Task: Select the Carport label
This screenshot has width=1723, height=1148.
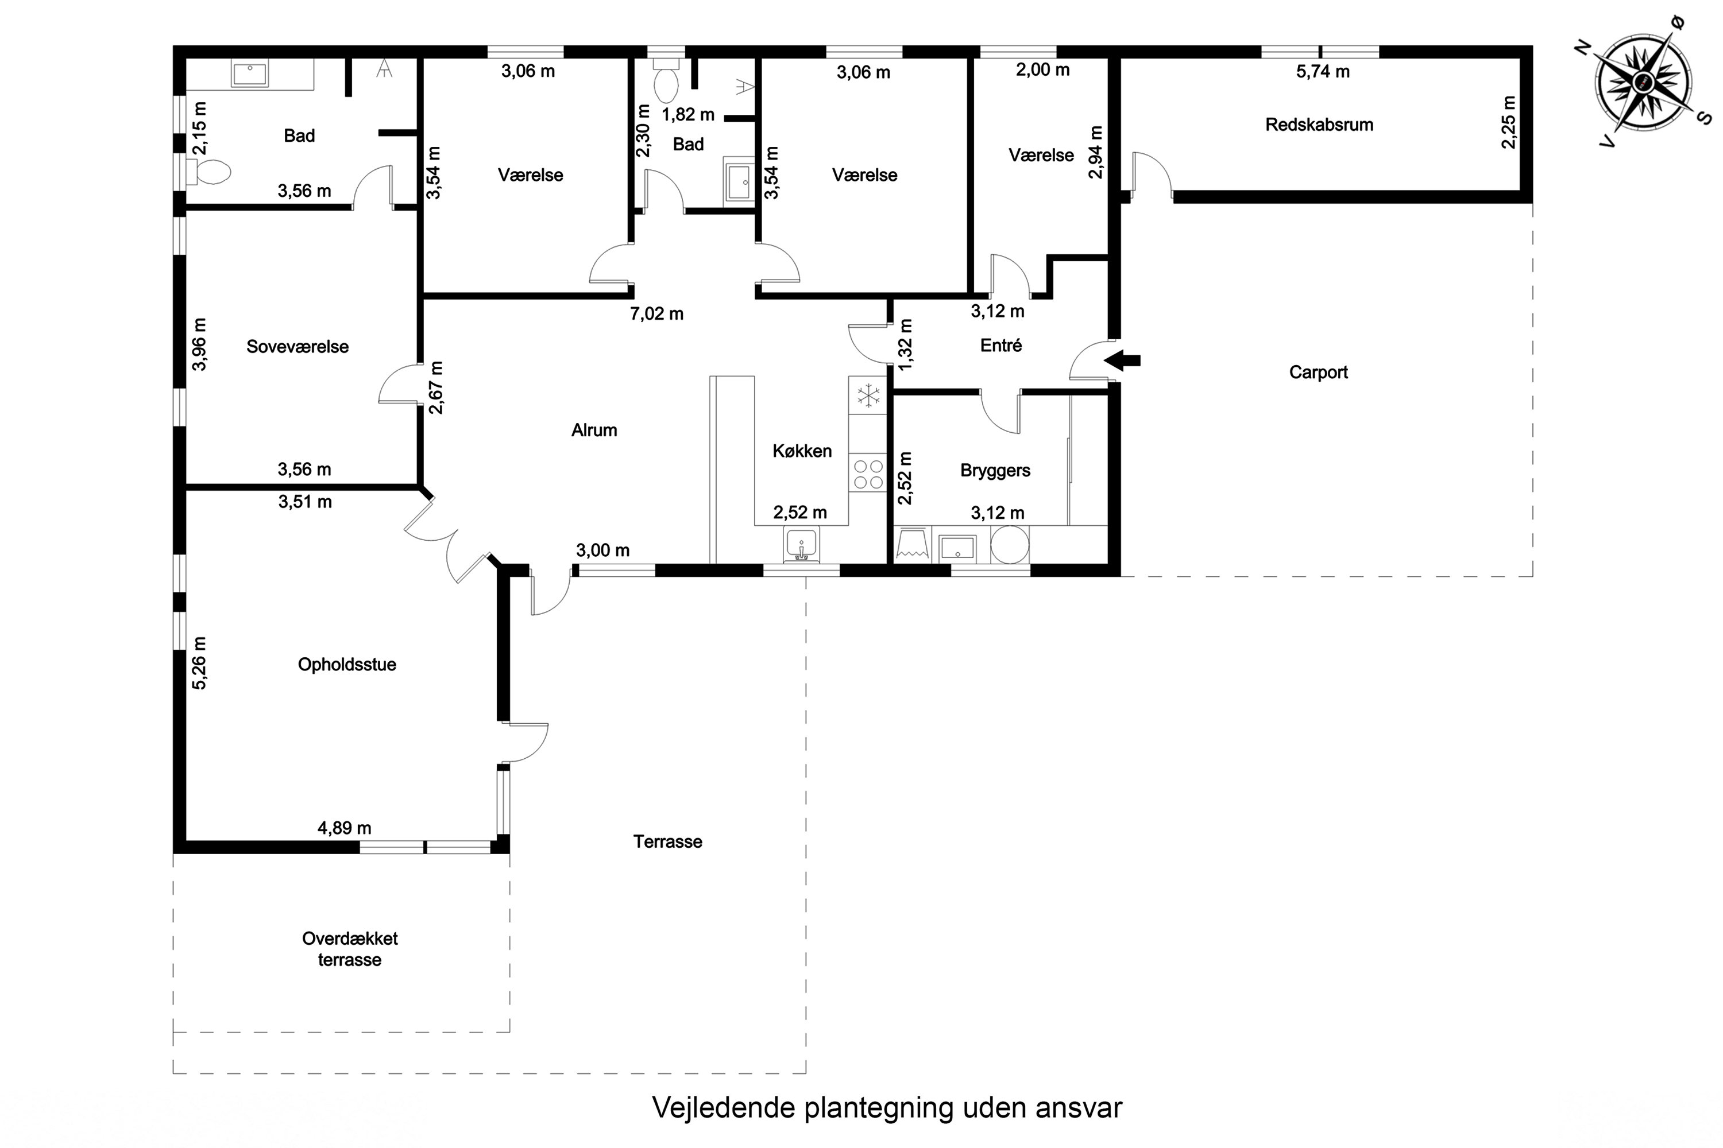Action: pos(1318,372)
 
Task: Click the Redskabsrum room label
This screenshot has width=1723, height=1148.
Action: pos(1319,125)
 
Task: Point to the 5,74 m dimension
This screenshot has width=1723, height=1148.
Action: pos(1322,72)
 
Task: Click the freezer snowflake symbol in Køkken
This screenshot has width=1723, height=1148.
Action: pos(868,396)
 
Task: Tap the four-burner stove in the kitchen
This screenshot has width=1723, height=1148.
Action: pos(868,473)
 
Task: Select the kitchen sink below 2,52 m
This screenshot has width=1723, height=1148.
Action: pos(801,545)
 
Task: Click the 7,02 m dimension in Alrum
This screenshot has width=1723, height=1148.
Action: pos(656,314)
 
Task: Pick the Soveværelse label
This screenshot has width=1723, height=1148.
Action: pos(298,346)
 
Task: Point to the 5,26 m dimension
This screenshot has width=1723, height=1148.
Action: pos(199,662)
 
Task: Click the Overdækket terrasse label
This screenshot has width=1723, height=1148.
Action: pos(349,948)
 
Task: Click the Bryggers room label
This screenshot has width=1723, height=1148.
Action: pos(995,470)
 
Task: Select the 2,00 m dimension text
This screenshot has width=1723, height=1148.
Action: pos(1042,70)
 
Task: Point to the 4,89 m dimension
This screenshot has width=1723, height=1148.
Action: pos(344,828)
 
